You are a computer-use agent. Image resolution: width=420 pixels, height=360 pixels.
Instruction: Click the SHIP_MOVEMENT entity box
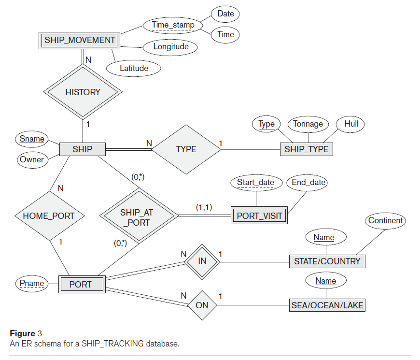80,40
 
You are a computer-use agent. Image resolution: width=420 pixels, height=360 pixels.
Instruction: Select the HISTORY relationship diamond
83,92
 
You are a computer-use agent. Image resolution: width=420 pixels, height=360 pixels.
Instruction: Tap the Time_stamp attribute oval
173,25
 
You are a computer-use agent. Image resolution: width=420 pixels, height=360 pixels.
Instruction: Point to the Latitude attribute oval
134,68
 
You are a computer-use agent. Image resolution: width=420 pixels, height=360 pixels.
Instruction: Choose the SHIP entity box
82,149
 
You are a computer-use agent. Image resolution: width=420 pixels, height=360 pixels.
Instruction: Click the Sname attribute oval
32,139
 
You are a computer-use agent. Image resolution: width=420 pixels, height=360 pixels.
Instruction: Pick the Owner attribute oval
32,159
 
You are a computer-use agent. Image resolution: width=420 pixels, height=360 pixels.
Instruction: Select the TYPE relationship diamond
186,149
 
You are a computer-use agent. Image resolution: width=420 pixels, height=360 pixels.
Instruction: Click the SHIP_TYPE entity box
306,149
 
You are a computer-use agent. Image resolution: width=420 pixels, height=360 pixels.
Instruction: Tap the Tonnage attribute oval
308,124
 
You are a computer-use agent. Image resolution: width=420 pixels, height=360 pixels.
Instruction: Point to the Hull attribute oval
351,124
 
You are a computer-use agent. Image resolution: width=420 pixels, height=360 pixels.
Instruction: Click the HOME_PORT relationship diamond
49,216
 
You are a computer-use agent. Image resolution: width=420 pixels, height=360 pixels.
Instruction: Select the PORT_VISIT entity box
259,216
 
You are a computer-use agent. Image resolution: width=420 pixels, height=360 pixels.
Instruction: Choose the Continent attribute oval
385,221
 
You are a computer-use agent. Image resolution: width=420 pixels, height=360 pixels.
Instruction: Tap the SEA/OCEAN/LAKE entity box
327,305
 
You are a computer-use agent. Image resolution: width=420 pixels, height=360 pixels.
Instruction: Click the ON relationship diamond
202,305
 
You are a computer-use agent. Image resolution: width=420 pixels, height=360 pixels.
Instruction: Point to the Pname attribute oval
32,284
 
